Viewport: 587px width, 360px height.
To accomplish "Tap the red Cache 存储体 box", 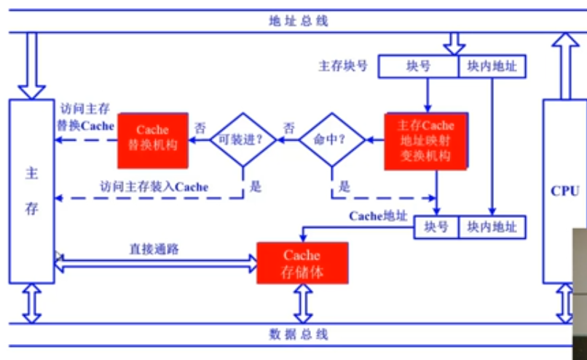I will pyautogui.click(x=302, y=264).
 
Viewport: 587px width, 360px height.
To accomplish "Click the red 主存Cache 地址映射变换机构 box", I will pyautogui.click(x=425, y=141).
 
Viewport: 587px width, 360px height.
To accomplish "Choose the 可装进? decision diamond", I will pyautogui.click(x=243, y=138).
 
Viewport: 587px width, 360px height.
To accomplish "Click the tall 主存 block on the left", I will pyautogui.click(x=31, y=191).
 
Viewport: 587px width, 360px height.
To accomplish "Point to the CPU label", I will pyautogui.click(x=564, y=191).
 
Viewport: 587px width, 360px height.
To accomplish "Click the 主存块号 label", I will pyautogui.click(x=343, y=66).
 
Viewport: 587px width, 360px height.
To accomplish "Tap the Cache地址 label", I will pyautogui.click(x=378, y=216).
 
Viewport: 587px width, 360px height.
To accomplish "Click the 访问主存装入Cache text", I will pyautogui.click(x=154, y=187).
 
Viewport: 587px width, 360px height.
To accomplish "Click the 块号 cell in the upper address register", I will pyautogui.click(x=418, y=66).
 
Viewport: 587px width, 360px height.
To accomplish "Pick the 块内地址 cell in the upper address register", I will pyautogui.click(x=492, y=66).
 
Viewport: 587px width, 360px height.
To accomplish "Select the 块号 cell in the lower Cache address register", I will pyautogui.click(x=436, y=227).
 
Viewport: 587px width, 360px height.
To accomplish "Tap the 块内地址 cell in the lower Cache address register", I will pyautogui.click(x=492, y=227).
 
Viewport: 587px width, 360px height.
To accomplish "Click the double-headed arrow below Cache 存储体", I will pyautogui.click(x=302, y=302).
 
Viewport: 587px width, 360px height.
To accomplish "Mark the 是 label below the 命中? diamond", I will pyautogui.click(x=344, y=187).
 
